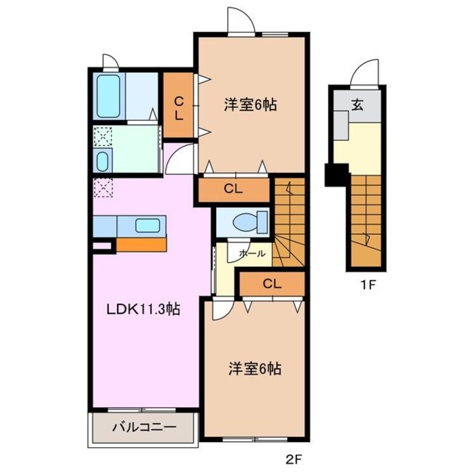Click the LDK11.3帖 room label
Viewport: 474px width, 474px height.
pyautogui.click(x=143, y=309)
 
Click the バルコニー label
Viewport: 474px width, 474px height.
pyautogui.click(x=144, y=427)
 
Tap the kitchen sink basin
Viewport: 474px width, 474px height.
pyautogui.click(x=147, y=226)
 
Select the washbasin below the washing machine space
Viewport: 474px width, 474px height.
pyautogui.click(x=102, y=161)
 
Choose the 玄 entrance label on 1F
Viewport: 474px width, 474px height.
pyautogui.click(x=356, y=104)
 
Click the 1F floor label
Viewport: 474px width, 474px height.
pyautogui.click(x=367, y=284)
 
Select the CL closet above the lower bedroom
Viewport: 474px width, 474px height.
pyautogui.click(x=272, y=284)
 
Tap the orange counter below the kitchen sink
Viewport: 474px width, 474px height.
pyautogui.click(x=141, y=245)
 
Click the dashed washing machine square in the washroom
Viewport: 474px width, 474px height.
pyautogui.click(x=103, y=136)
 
